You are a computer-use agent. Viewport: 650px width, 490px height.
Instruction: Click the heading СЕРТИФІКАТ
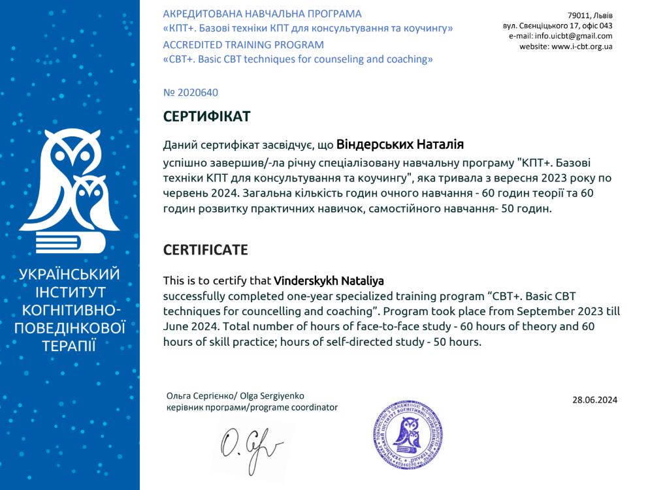[206, 117]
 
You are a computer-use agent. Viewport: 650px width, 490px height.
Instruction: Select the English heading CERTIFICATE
[205, 249]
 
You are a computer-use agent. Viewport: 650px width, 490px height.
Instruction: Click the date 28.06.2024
[594, 400]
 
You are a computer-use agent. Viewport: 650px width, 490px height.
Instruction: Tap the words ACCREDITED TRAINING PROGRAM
[243, 45]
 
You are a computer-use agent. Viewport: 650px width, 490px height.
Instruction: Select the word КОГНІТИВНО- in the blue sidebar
[69, 309]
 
